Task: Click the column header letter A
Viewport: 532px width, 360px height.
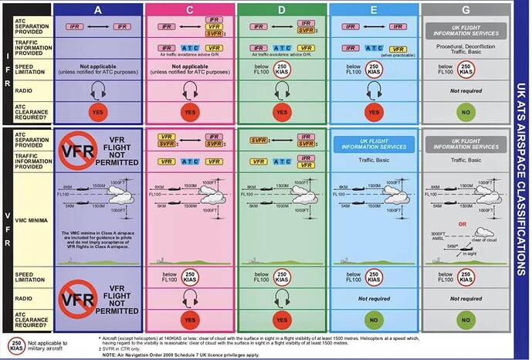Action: (x=97, y=11)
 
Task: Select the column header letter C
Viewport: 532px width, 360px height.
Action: (x=190, y=11)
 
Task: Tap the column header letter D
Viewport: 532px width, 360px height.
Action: (x=282, y=11)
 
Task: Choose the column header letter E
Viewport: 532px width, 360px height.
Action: (x=374, y=11)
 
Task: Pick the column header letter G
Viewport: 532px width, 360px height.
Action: (x=466, y=11)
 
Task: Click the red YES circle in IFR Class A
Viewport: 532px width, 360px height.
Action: (x=98, y=112)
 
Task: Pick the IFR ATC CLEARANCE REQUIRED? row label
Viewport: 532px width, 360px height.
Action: (x=26, y=112)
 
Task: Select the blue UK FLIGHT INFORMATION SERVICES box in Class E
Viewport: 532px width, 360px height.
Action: (x=374, y=143)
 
